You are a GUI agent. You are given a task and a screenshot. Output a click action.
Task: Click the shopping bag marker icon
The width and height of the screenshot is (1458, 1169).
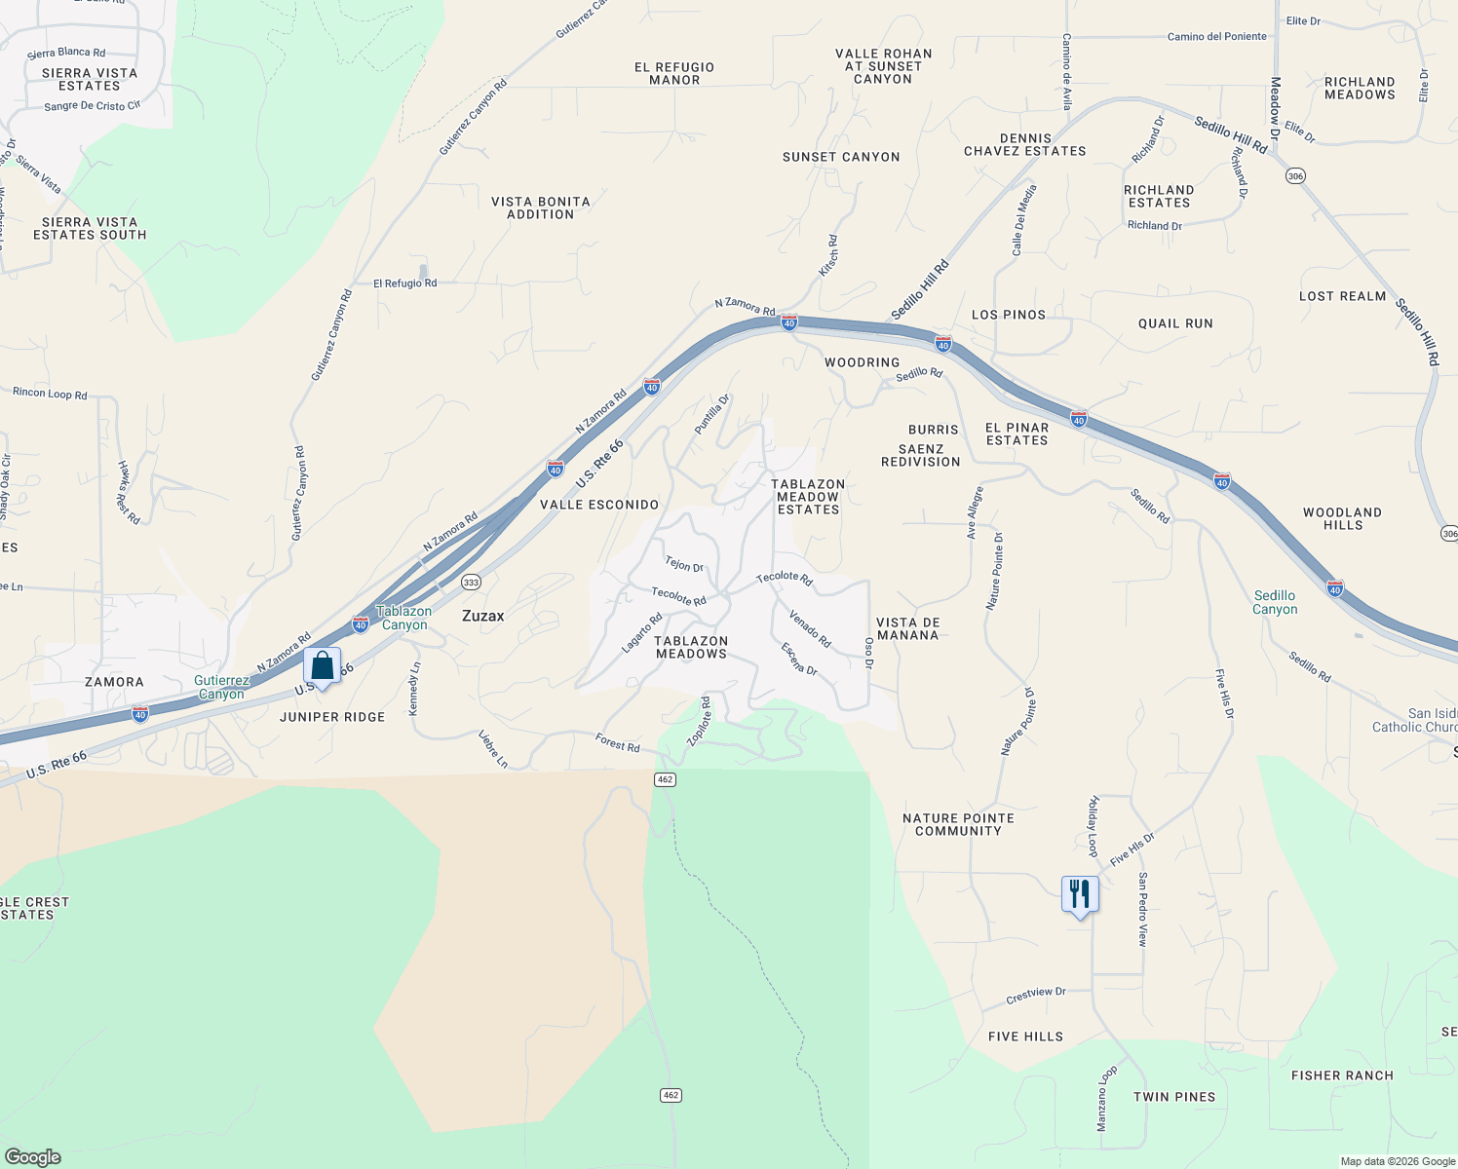[322, 666]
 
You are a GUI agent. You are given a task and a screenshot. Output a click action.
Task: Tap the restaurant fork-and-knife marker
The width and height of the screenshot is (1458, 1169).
[1080, 894]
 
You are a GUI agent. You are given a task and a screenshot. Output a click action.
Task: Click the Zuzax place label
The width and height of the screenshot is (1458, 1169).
[482, 616]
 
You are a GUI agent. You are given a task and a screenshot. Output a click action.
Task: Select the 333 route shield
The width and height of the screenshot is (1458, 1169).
[471, 583]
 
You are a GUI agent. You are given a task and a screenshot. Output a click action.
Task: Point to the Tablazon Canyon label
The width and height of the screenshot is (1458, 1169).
[403, 618]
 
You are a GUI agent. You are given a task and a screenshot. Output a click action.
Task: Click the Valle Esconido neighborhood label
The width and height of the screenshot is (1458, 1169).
[599, 505]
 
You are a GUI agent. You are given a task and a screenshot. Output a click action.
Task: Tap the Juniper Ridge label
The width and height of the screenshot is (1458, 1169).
[332, 717]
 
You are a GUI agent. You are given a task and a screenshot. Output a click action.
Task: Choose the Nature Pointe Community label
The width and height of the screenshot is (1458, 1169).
[958, 824]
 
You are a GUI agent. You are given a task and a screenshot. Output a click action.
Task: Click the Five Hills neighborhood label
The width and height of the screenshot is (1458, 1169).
[1025, 1037]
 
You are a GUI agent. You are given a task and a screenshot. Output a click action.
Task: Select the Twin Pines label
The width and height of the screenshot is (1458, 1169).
[1174, 1097]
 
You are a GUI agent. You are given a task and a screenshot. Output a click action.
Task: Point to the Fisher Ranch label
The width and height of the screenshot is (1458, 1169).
[1342, 1075]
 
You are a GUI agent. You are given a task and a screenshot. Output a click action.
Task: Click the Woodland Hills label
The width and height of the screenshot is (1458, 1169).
[1342, 518]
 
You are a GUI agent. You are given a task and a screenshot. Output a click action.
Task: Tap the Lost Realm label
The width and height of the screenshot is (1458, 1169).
[1342, 296]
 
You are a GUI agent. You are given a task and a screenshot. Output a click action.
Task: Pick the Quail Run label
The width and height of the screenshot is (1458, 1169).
[1175, 323]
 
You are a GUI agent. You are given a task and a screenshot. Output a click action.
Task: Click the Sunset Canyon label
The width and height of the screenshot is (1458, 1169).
[841, 157]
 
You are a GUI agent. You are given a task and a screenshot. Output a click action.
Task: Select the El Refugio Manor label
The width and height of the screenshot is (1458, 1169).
[674, 74]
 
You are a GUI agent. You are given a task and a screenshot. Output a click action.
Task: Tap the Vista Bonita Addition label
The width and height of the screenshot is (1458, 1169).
[540, 207]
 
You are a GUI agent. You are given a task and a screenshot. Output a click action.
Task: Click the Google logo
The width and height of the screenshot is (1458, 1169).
[33, 1157]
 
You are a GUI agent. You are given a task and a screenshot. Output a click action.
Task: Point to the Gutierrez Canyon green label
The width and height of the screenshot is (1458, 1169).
[221, 688]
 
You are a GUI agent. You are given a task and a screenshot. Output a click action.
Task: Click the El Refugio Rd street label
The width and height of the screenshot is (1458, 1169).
[404, 283]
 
